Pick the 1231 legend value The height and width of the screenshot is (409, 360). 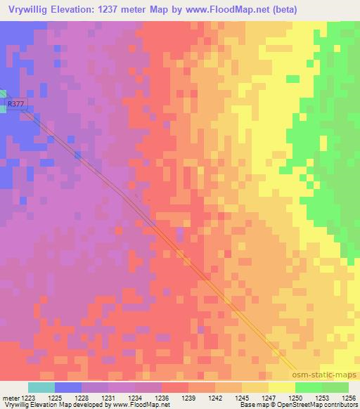point(108,397)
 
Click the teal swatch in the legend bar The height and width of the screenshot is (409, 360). point(41,387)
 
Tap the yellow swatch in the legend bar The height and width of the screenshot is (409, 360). point(281,387)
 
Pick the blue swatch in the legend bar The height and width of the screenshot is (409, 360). point(67,387)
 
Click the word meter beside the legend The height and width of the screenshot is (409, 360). point(11,397)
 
